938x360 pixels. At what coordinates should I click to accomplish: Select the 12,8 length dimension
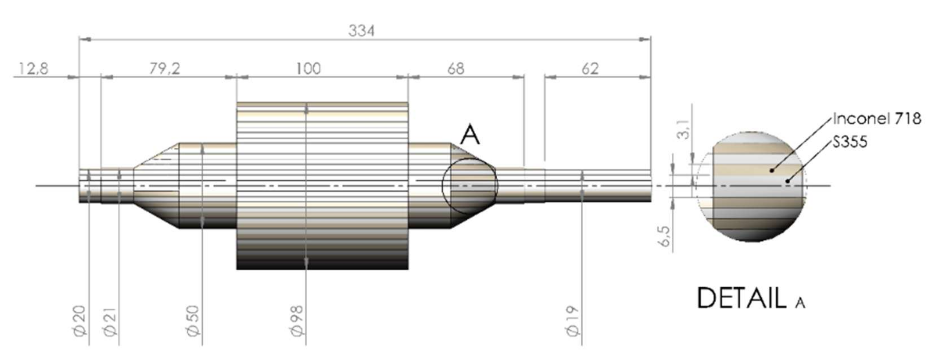coord(33,69)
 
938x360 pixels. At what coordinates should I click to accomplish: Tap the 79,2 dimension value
coord(164,69)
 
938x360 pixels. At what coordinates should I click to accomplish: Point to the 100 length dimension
coord(308,69)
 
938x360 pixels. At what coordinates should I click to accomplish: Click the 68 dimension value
coord(456,69)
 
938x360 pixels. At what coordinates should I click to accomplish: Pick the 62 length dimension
coord(590,69)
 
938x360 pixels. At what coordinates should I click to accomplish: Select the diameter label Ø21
coord(110,321)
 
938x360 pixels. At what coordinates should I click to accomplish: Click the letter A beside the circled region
coord(470,135)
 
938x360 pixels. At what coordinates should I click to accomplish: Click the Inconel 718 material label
coord(877,119)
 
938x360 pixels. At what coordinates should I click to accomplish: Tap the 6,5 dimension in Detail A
coord(665,236)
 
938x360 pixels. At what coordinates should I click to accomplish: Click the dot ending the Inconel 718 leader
coord(771,170)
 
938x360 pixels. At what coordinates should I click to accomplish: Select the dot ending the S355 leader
coord(787,181)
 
